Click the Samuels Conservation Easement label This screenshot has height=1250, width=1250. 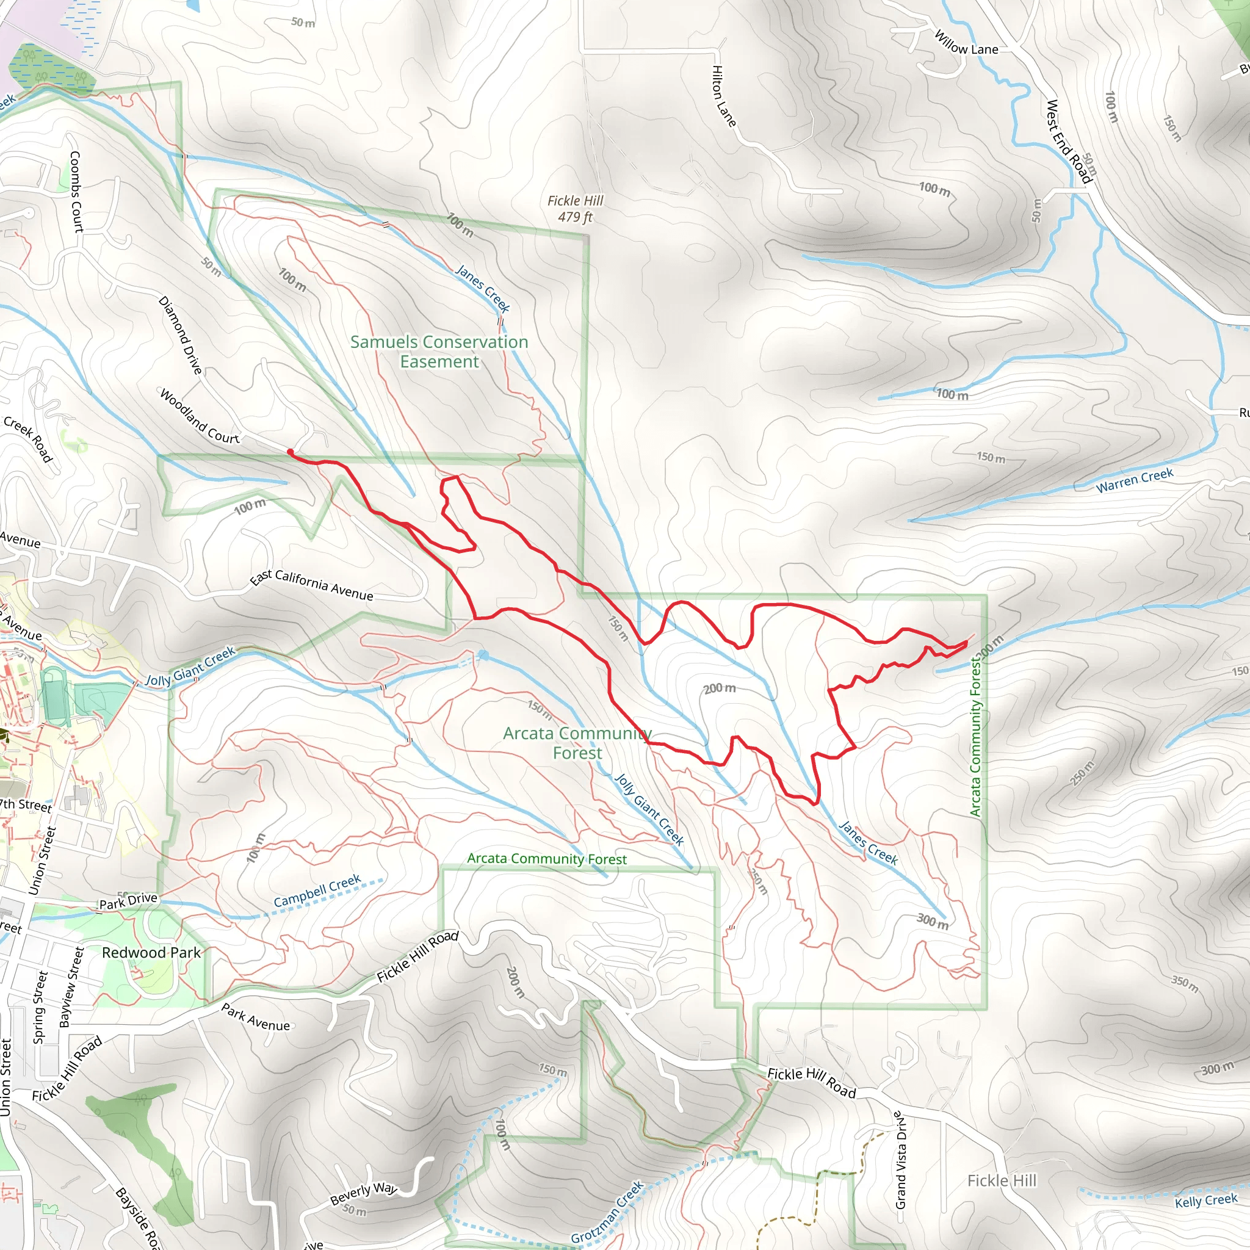point(439,352)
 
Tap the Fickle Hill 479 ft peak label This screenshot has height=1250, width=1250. point(574,208)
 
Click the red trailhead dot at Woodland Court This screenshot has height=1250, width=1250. point(291,452)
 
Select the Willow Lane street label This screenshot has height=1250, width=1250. point(966,43)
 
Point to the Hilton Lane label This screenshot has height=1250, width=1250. point(724,96)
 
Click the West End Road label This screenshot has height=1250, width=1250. point(1069,142)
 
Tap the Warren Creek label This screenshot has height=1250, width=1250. point(1134,480)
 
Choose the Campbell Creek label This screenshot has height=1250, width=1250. point(317,892)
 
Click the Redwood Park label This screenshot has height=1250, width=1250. point(151,952)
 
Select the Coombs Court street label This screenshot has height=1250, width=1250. point(76,192)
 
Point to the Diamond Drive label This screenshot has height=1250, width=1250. point(181,335)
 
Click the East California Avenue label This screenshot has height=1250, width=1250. point(312,585)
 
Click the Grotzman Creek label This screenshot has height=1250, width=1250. point(607,1213)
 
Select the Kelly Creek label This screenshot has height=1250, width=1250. point(1206,1200)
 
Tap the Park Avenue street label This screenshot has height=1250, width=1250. point(256,1016)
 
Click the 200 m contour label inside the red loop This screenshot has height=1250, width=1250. point(720,688)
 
